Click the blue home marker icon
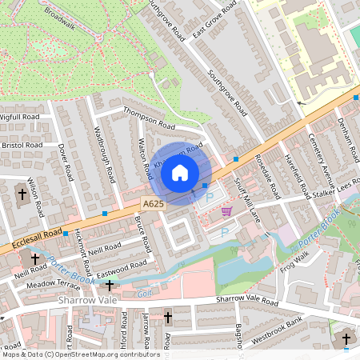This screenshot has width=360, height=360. [x=180, y=171]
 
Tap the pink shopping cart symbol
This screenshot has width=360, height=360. [x=226, y=211]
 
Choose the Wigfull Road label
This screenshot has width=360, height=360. [x=19, y=117]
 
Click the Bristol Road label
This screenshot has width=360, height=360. [x=22, y=146]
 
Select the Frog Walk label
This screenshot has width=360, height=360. [x=294, y=260]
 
